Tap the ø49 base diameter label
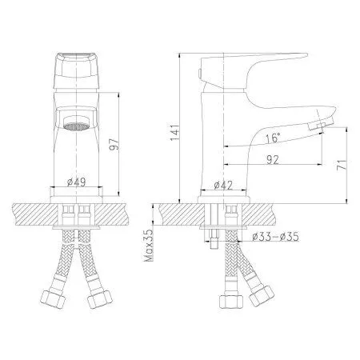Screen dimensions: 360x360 78,182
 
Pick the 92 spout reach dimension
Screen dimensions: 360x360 273,158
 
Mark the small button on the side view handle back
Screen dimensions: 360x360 198,74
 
